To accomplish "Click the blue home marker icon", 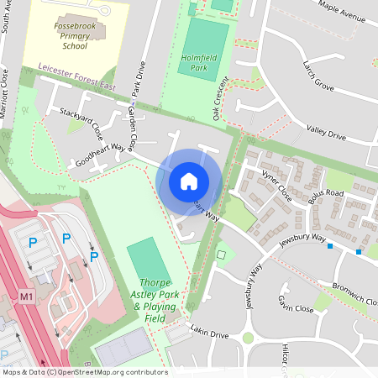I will (189, 181).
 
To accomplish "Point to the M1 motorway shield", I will (27, 297).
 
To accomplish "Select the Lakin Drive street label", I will (209, 333).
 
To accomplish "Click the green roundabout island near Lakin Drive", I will (248, 339).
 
